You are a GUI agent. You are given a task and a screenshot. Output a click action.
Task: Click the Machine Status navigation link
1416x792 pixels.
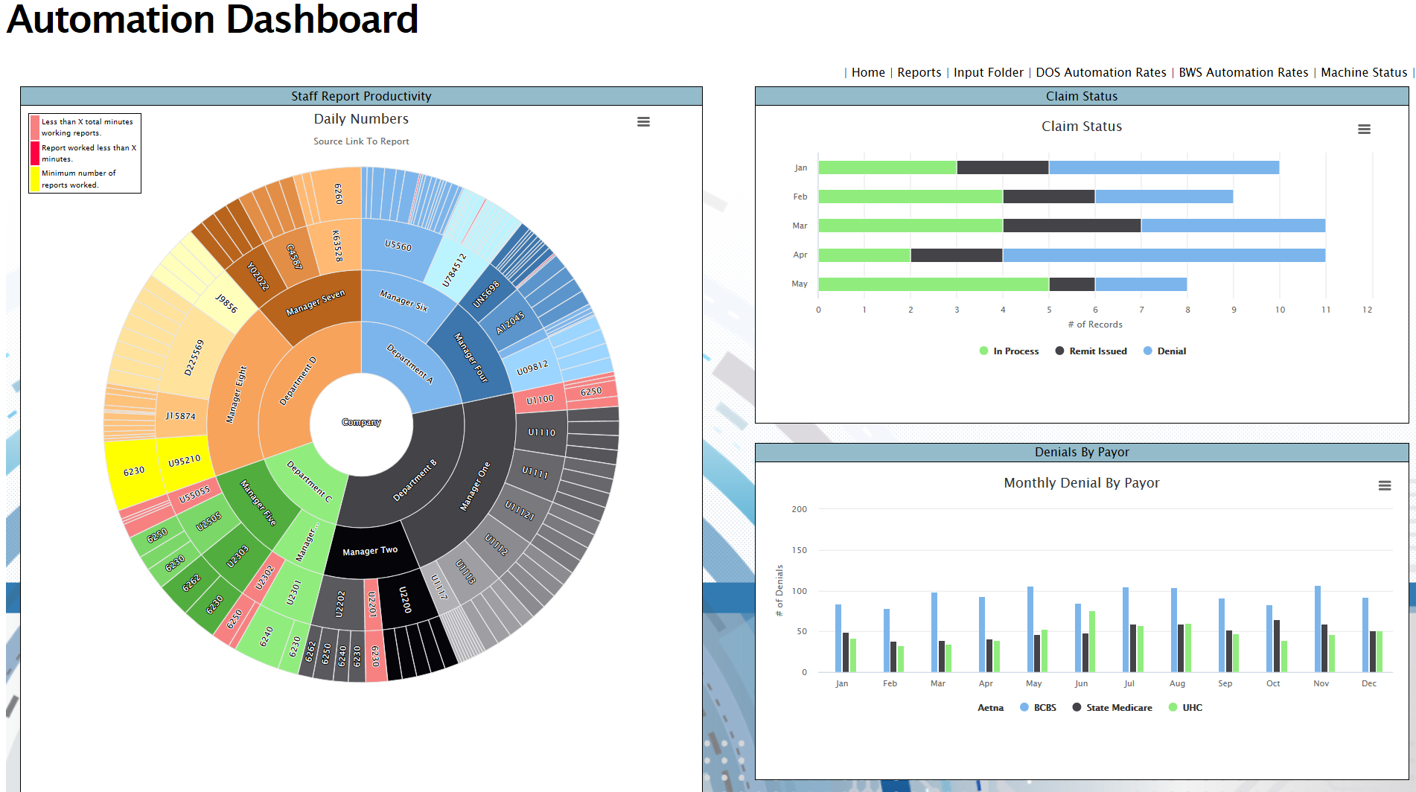pos(1363,72)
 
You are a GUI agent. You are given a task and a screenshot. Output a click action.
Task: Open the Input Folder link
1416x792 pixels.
pos(988,72)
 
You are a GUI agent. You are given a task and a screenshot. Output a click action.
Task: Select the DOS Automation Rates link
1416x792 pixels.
pos(1100,72)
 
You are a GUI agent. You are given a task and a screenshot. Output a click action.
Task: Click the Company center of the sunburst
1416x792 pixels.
pos(361,422)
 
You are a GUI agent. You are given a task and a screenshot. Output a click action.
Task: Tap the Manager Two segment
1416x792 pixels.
pos(370,551)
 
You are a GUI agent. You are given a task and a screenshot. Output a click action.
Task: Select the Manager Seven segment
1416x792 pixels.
pos(315,303)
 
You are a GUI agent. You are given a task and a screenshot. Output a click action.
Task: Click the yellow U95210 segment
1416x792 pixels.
pos(184,461)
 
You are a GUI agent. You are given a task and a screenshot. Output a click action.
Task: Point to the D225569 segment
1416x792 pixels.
pos(194,357)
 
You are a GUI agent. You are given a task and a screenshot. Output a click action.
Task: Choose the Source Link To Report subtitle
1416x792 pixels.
pos(361,141)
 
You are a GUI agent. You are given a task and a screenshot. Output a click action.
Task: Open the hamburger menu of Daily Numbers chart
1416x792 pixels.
pos(643,121)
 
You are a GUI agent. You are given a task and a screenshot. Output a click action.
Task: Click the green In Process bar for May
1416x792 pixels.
pos(933,284)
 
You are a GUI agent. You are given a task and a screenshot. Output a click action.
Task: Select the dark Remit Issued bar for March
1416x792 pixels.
pos(1071,226)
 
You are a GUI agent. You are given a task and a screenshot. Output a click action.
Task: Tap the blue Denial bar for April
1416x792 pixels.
pos(1163,255)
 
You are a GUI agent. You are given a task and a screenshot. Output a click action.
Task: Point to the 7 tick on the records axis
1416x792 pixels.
pos(1141,310)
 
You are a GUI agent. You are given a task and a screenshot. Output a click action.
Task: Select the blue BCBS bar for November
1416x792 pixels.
pos(1318,629)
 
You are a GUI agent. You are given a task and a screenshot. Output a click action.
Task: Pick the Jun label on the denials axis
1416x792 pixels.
pos(1081,683)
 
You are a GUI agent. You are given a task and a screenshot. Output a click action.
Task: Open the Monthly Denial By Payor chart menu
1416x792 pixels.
pos(1384,485)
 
